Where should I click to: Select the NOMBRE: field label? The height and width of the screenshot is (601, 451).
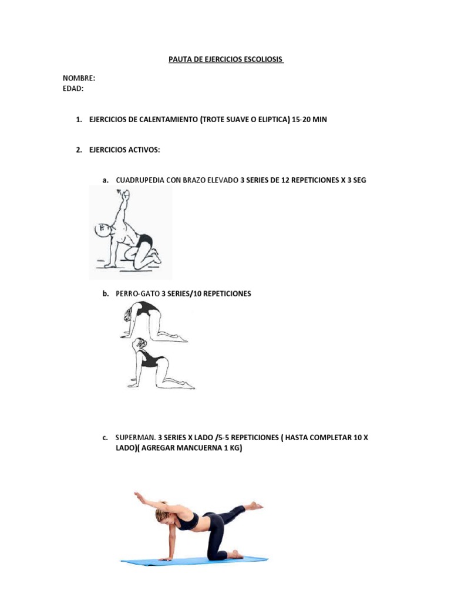pos(79,78)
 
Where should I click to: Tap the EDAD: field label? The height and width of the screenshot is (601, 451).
pos(73,89)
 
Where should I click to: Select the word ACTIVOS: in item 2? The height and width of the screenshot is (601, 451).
pos(144,150)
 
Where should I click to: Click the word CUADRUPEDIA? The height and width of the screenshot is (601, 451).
pos(140,180)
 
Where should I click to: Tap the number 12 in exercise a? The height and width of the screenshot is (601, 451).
pos(285,180)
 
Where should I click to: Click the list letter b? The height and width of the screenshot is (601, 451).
pos(106,294)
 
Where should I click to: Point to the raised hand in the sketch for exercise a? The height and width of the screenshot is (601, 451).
pos(124,194)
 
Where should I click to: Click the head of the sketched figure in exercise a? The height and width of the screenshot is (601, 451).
pos(102,230)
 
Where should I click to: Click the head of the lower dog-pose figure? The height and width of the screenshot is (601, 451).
pos(139,343)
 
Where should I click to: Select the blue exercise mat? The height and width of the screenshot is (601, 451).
pos(194,561)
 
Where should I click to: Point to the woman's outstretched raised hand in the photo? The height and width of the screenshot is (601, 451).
pos(140,498)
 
